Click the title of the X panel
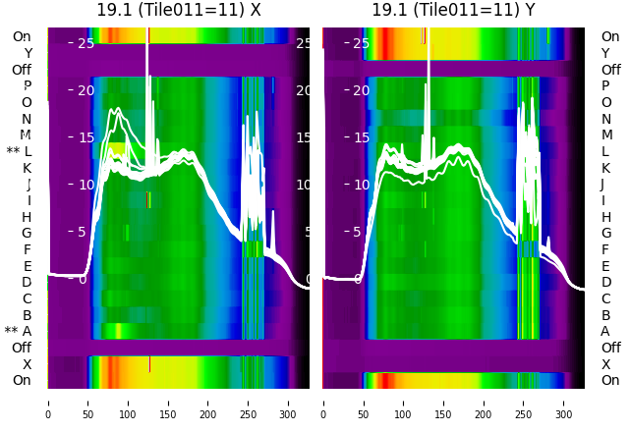click(179, 10)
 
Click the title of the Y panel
click(454, 10)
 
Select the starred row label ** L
click(21, 151)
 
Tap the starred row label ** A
click(19, 331)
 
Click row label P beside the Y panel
click(605, 85)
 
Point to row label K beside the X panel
click(28, 168)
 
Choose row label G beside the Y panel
click(605, 233)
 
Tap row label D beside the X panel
click(28, 282)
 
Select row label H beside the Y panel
click(605, 217)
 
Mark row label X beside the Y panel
click(605, 364)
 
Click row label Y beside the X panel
click(28, 53)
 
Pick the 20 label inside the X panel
click(86, 90)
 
